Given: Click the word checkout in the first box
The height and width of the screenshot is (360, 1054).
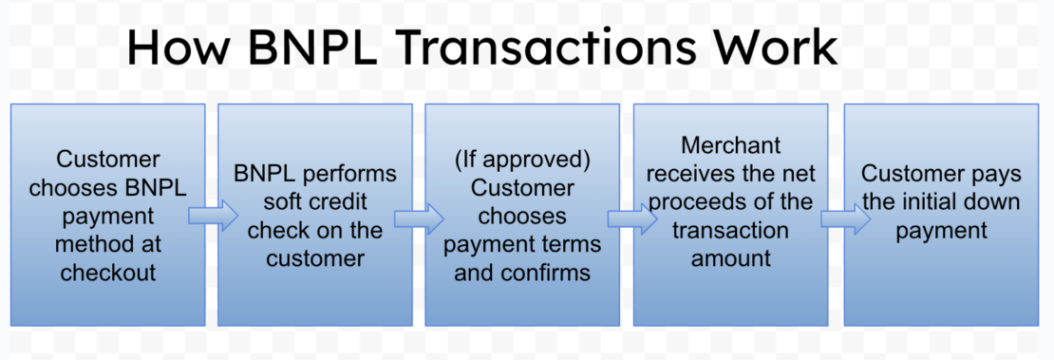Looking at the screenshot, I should [108, 274].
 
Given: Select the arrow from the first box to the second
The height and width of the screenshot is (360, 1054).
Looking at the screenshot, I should [212, 217].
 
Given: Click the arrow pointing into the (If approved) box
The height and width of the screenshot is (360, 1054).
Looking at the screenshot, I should [419, 219].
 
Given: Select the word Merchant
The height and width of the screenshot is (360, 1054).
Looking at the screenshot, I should [731, 145].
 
